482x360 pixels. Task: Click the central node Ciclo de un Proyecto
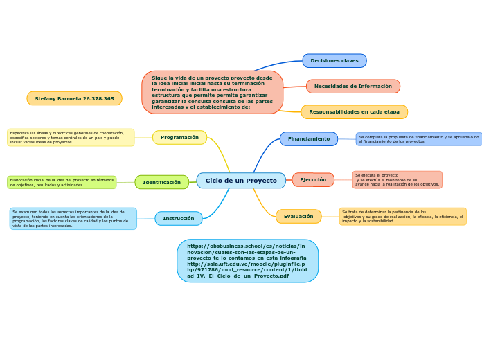pyautogui.click(x=240, y=181)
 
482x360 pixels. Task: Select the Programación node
pyautogui.click(x=179, y=138)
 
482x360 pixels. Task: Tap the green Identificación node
pyautogui.click(x=161, y=183)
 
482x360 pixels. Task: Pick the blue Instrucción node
pyautogui.click(x=179, y=219)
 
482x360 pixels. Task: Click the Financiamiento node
pyautogui.click(x=309, y=139)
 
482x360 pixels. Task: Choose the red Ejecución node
pyautogui.click(x=313, y=180)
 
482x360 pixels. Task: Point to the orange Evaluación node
pyautogui.click(x=298, y=217)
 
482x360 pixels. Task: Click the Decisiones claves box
pyautogui.click(x=334, y=61)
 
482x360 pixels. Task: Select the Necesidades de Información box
pyautogui.click(x=353, y=87)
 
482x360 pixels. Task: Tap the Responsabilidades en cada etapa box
pyautogui.click(x=354, y=112)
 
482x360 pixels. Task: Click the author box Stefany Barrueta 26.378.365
pyautogui.click(x=74, y=99)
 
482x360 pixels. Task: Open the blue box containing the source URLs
pyautogui.click(x=247, y=261)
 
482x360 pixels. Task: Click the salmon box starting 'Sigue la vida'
pyautogui.click(x=212, y=93)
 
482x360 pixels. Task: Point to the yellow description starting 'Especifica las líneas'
pyautogui.click(x=71, y=137)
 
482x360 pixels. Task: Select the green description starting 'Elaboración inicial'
pyautogui.click(x=62, y=183)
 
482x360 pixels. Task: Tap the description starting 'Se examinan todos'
pyautogui.click(x=73, y=219)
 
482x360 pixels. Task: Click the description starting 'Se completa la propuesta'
pyautogui.click(x=418, y=139)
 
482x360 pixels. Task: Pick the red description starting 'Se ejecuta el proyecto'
pyautogui.click(x=397, y=180)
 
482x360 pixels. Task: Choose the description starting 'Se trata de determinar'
pyautogui.click(x=402, y=217)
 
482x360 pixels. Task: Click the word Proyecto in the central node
pyautogui.click(x=261, y=181)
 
